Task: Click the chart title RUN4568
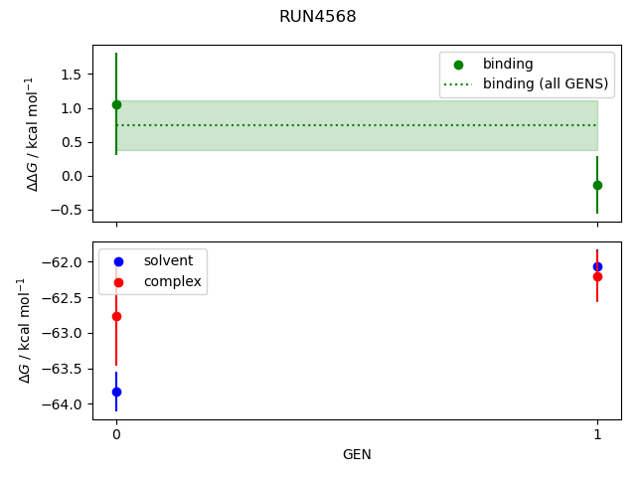[318, 17]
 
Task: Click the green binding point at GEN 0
[116, 104]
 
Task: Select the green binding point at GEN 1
[597, 185]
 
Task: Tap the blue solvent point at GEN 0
[116, 392]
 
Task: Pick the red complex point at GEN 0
[116, 316]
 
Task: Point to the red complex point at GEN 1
[597, 276]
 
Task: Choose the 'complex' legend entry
[172, 282]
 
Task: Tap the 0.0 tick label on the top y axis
[73, 176]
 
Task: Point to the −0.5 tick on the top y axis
[69, 210]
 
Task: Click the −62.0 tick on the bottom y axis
[65, 262]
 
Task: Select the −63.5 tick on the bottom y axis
[65, 369]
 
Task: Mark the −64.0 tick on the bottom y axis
[65, 404]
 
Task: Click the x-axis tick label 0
[116, 434]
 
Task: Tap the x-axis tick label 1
[597, 434]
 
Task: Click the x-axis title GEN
[357, 454]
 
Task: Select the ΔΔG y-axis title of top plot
[32, 133]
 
